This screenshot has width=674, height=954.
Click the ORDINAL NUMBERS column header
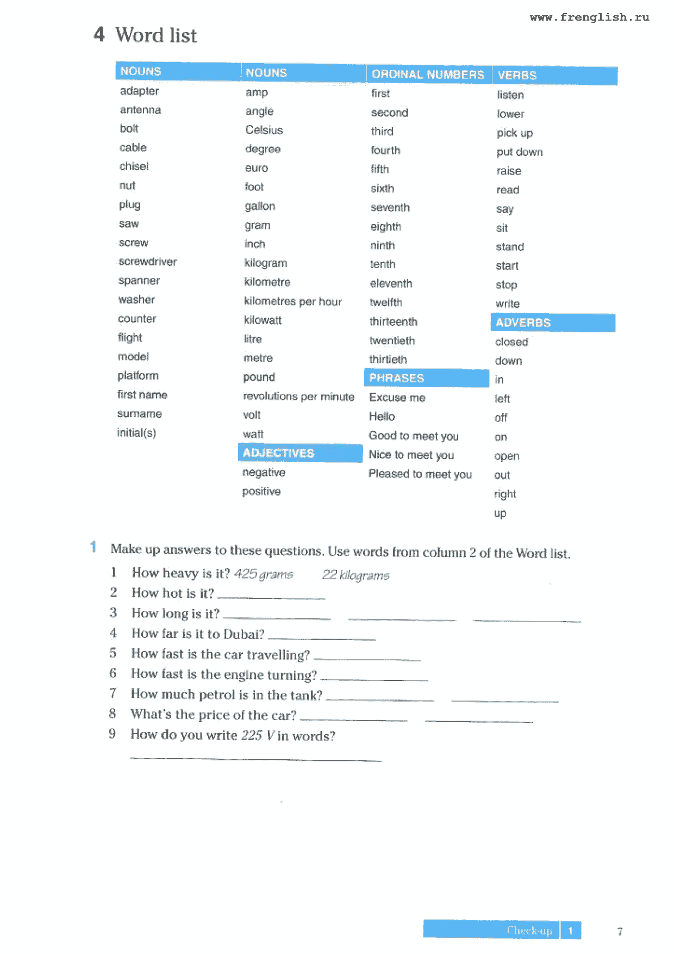point(428,75)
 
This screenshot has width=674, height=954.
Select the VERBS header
point(517,76)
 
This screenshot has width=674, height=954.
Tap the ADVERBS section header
point(523,323)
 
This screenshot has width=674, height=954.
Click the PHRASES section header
point(396,378)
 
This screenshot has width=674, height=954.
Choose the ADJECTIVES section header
point(278,453)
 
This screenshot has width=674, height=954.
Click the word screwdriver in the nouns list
point(148,262)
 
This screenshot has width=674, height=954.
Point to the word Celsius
point(264,130)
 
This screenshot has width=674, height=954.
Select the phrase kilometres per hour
point(293,301)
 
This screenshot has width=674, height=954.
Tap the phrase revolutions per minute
point(298,397)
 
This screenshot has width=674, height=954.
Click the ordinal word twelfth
point(386,302)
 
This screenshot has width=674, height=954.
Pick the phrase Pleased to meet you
point(420,474)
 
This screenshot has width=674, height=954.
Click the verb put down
point(520,152)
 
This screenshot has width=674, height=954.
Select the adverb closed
point(511,342)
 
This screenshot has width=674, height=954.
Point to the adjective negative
point(264,472)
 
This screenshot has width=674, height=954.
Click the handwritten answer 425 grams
point(264,574)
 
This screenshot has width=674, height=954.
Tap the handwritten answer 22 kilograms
point(355,575)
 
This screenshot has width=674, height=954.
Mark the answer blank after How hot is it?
point(271,597)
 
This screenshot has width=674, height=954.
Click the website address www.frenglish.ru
point(589,17)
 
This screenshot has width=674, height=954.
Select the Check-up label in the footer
point(529,931)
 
